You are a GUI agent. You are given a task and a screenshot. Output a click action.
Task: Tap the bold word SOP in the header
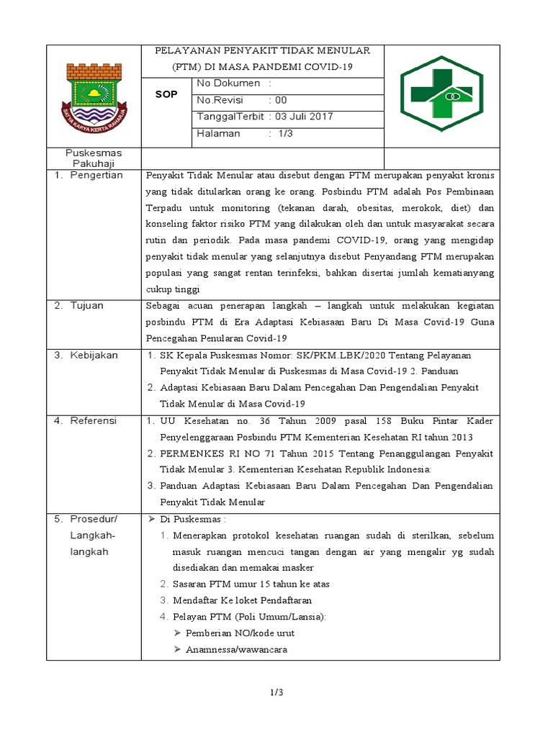pos(167,94)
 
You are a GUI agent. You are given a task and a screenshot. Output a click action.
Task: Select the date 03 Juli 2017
pos(303,117)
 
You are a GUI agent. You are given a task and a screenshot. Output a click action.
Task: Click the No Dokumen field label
pos(229,84)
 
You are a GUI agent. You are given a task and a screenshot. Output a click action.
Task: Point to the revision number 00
pos(281,101)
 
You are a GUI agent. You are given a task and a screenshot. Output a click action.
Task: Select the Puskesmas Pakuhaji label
pos(94,158)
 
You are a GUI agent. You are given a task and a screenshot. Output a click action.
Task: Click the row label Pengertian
pos(96,175)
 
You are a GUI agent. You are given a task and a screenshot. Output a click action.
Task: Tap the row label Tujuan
pos(87,305)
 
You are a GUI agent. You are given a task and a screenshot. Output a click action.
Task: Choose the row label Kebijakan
pos(94,355)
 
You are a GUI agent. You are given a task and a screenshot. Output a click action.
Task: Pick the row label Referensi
pos(94,420)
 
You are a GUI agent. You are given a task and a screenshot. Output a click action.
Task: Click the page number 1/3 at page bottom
pos(276,692)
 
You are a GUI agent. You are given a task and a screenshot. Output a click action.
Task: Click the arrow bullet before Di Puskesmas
pos(151,519)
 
